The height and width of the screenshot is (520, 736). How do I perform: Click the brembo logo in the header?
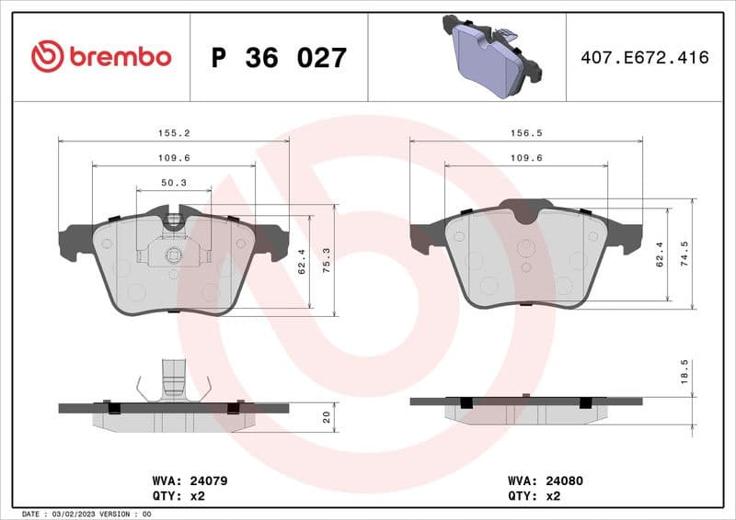(x=101, y=57)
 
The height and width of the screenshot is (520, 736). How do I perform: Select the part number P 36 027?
(x=279, y=58)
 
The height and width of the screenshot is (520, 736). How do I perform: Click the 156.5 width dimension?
(x=526, y=133)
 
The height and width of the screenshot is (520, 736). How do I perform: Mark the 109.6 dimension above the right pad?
(x=526, y=158)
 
